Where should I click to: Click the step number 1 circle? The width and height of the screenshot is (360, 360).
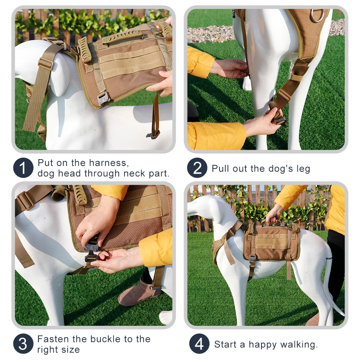23,168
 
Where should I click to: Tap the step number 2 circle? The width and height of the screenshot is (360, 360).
197,168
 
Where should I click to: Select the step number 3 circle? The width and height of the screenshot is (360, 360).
23,344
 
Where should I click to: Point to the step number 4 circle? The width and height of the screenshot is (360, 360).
199,344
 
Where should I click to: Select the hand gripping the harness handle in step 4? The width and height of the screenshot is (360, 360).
274,213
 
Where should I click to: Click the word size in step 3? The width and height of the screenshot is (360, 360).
71,350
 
